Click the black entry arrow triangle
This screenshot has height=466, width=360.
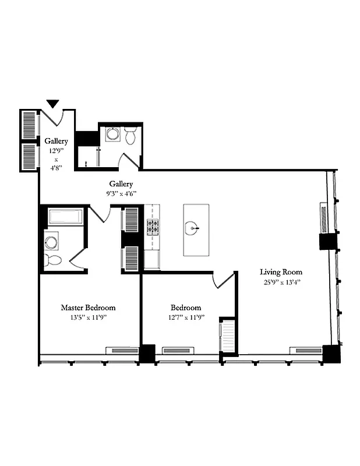pos(53,104)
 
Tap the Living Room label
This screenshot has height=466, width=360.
pos(281,272)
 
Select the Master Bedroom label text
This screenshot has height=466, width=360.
pos(88,308)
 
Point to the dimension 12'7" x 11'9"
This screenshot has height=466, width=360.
pos(186,317)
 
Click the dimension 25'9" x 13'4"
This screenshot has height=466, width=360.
pos(281,282)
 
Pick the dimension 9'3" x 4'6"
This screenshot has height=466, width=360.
pos(121,193)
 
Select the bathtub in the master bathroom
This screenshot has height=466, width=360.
pos(65,217)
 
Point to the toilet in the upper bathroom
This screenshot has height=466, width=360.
pos(131,136)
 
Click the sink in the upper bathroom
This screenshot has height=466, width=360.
pos(112,135)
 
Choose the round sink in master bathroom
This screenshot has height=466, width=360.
pos(51,240)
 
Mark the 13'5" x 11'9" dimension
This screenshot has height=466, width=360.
pos(88,317)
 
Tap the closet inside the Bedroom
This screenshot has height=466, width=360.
pos(227,336)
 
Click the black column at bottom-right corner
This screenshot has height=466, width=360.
pos(331,354)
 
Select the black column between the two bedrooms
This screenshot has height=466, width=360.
pos(147,353)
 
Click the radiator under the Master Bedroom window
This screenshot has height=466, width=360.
pos(121,351)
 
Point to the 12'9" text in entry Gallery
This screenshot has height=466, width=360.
pos(57,150)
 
